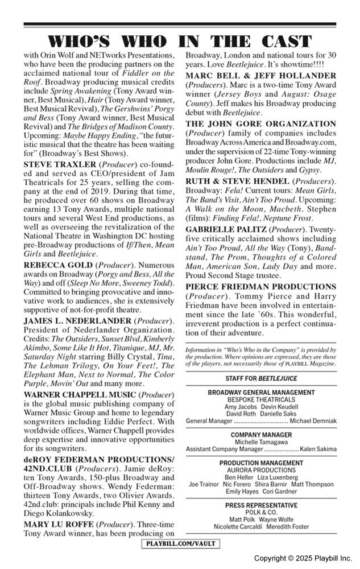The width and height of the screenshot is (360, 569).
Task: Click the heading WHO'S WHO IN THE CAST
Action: (x=180, y=42)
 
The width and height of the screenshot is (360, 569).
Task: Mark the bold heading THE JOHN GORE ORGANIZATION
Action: (x=261, y=123)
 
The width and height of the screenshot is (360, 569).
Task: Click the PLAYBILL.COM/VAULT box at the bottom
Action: (x=180, y=544)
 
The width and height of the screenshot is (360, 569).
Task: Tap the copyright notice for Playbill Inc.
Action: (x=303, y=558)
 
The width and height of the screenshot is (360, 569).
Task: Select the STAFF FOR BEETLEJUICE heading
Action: (x=261, y=378)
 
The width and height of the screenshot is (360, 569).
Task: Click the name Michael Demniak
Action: (x=313, y=420)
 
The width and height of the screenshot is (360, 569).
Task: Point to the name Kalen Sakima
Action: (x=318, y=449)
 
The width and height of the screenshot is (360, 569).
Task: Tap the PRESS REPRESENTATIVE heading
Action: (x=261, y=505)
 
